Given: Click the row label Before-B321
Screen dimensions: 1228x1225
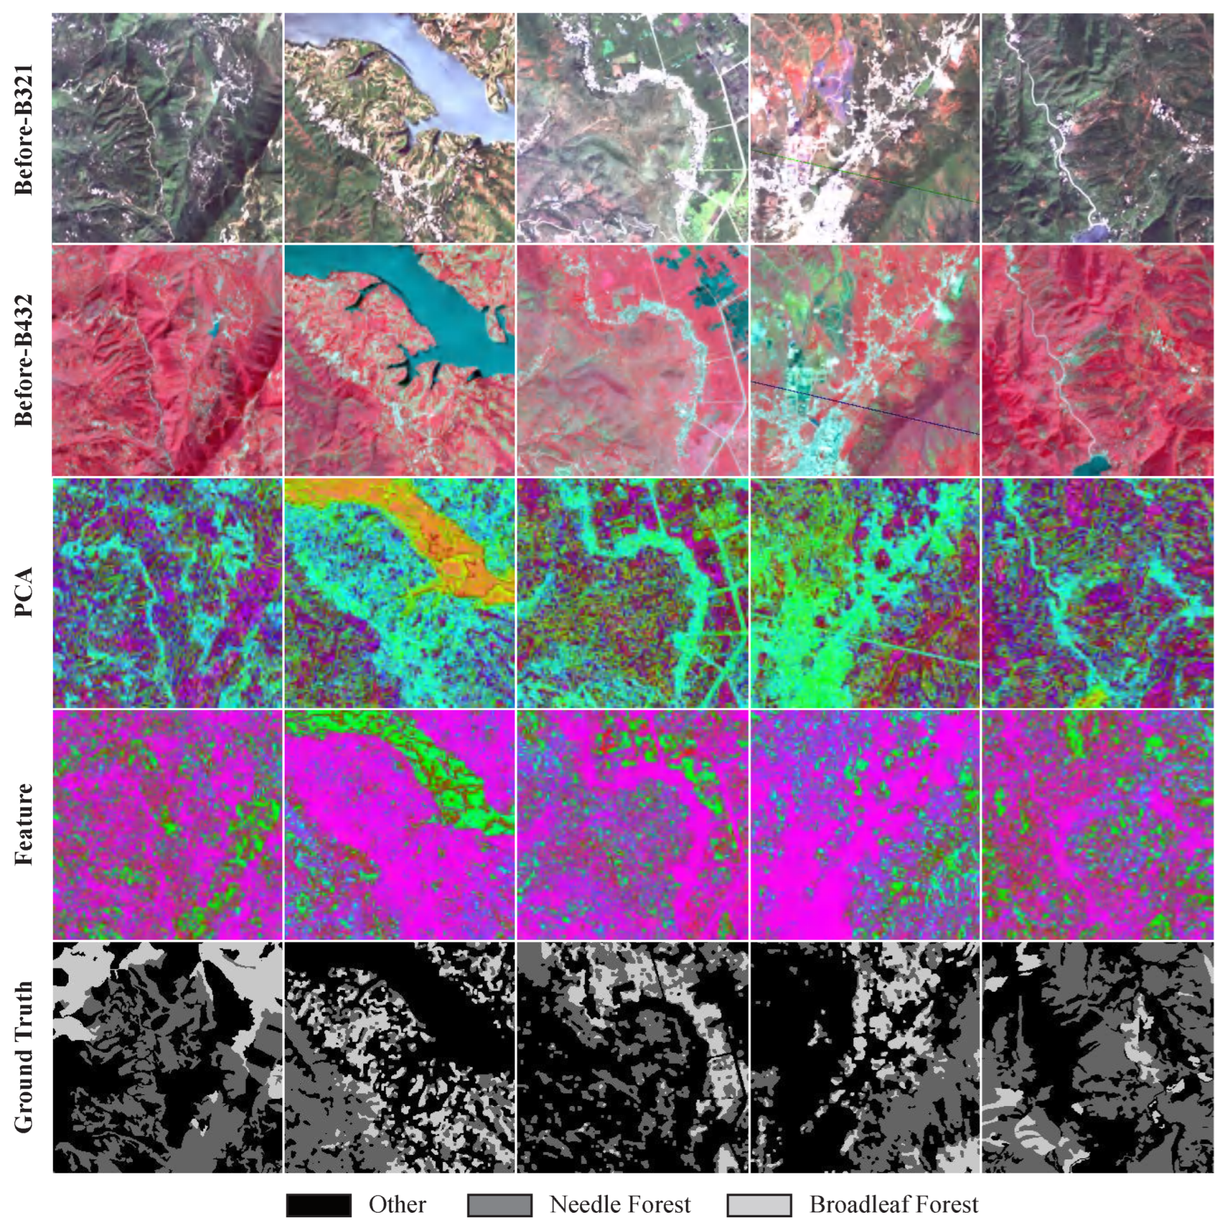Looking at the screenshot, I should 23,128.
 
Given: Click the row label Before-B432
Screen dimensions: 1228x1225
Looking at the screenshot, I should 23,361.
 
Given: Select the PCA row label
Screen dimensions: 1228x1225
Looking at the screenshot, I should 23,593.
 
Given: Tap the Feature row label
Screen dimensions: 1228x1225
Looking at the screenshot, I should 23,824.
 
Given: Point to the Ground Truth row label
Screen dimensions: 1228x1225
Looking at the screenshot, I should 23,1057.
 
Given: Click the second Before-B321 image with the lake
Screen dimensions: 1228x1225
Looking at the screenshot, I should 399,128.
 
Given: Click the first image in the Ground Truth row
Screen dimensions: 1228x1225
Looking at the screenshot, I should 167,1057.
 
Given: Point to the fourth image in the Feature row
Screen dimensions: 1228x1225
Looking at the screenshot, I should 865,824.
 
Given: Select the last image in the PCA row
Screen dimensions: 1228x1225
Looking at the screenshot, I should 1097,593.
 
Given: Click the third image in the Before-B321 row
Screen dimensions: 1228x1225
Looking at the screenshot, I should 633,128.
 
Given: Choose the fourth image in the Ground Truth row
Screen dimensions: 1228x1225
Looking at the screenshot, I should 865,1057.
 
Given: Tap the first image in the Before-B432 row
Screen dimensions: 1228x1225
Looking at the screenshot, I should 167,361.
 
